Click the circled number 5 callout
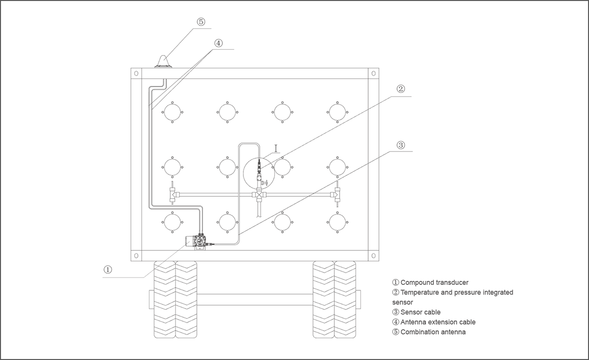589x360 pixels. (201, 22)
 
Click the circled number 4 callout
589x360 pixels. (218, 43)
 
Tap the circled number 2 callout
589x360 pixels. (401, 89)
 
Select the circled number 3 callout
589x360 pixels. (401, 145)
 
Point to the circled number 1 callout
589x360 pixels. (108, 270)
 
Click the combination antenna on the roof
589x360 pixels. (163, 61)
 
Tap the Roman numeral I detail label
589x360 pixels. (276, 149)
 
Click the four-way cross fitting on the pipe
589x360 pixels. (259, 195)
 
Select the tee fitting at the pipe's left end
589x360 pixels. (172, 195)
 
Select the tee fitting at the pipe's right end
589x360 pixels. (337, 195)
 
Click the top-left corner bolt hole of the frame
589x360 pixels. (136, 73)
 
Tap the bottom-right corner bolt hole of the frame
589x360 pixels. (374, 256)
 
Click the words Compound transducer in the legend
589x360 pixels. (434, 282)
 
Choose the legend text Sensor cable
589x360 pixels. (421, 312)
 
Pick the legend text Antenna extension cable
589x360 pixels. (438, 322)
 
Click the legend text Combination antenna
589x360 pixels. (433, 332)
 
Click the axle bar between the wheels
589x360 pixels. (255, 300)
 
